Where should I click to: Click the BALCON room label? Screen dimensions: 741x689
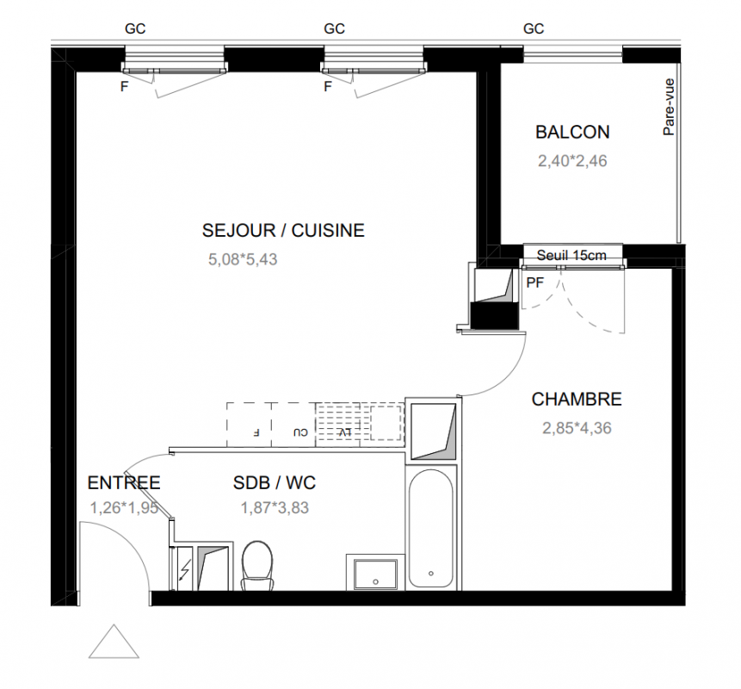(x=572, y=132)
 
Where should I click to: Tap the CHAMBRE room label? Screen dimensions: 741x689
(x=577, y=399)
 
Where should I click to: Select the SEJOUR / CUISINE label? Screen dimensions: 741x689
(x=283, y=230)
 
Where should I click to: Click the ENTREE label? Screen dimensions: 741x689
(x=124, y=483)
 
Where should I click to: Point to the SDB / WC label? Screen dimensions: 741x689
(x=274, y=483)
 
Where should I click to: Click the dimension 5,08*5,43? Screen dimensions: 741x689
(x=243, y=259)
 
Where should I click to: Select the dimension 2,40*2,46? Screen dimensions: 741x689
(x=572, y=161)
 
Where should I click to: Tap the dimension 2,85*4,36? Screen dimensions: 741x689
(x=577, y=428)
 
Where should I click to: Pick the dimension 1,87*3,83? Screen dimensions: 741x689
(x=275, y=507)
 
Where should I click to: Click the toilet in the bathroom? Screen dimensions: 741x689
(x=257, y=566)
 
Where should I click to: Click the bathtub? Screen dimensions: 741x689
(x=431, y=528)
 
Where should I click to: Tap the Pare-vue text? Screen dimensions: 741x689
(x=669, y=108)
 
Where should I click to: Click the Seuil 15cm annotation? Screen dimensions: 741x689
(x=571, y=255)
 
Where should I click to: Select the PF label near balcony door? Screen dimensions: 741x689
(x=535, y=282)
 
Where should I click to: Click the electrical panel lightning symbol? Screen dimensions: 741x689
(x=185, y=570)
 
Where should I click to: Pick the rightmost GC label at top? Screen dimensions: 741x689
(x=534, y=28)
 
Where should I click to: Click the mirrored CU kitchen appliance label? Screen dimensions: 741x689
(x=300, y=432)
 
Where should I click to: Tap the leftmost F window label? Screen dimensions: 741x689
(x=124, y=86)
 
